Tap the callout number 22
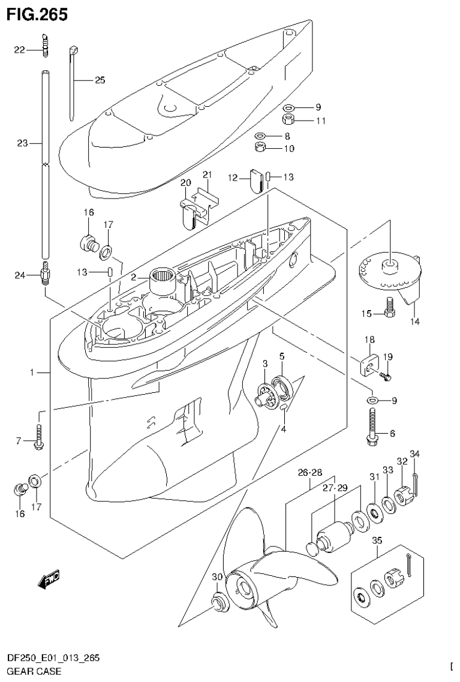tap(19, 50)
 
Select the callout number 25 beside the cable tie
tap(100, 80)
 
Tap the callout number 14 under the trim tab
tap(415, 322)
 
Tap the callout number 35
tap(377, 541)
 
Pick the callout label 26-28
tap(310, 473)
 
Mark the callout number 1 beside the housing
tap(32, 373)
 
